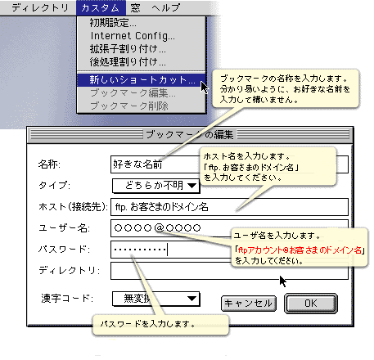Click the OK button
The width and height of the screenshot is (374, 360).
[311, 304]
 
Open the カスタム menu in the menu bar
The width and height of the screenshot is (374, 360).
[101, 7]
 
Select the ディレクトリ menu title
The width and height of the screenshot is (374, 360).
[40, 7]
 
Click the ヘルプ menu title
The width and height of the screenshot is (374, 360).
[166, 7]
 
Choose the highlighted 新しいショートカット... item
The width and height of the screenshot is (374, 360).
[141, 80]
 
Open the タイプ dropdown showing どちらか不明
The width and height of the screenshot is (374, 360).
[155, 186]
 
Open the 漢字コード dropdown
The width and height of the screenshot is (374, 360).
[155, 299]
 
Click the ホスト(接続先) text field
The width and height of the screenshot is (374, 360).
[229, 207]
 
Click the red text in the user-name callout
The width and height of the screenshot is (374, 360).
[300, 250]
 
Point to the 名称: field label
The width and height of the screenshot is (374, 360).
[49, 164]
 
